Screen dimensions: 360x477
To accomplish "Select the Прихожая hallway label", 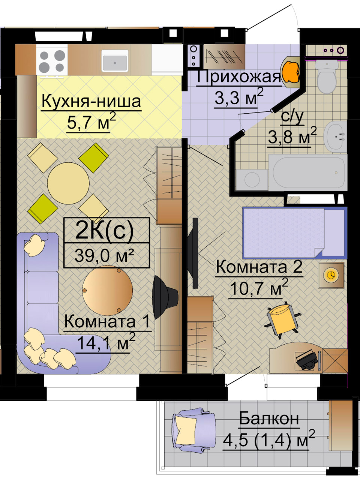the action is [238, 77].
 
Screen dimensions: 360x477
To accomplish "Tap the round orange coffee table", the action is [108, 290].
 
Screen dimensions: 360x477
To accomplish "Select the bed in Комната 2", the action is [295, 233].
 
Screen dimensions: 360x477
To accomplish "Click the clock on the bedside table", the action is [331, 275].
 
